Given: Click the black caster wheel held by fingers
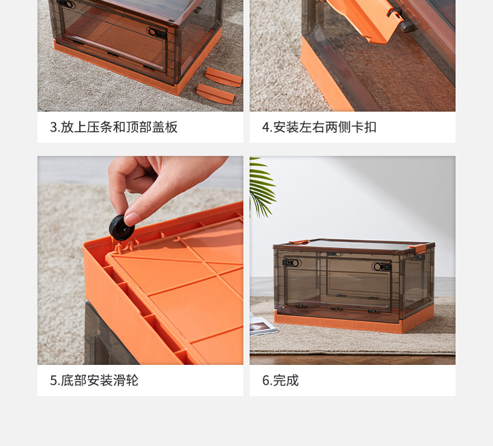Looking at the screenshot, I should (122, 227).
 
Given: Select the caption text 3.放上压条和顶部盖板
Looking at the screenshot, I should (114, 127).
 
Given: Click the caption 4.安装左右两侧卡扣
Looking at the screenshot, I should (319, 127).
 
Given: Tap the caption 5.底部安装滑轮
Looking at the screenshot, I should (94, 380).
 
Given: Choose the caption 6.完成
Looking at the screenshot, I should (280, 380).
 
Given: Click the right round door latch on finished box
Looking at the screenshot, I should (378, 266).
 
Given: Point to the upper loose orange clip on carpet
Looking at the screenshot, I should (223, 77).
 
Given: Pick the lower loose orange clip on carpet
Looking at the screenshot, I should (215, 93).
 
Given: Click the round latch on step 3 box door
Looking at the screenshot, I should (153, 32).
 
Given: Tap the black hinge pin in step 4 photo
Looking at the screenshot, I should (406, 26).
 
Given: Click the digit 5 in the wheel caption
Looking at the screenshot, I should (53, 380).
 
